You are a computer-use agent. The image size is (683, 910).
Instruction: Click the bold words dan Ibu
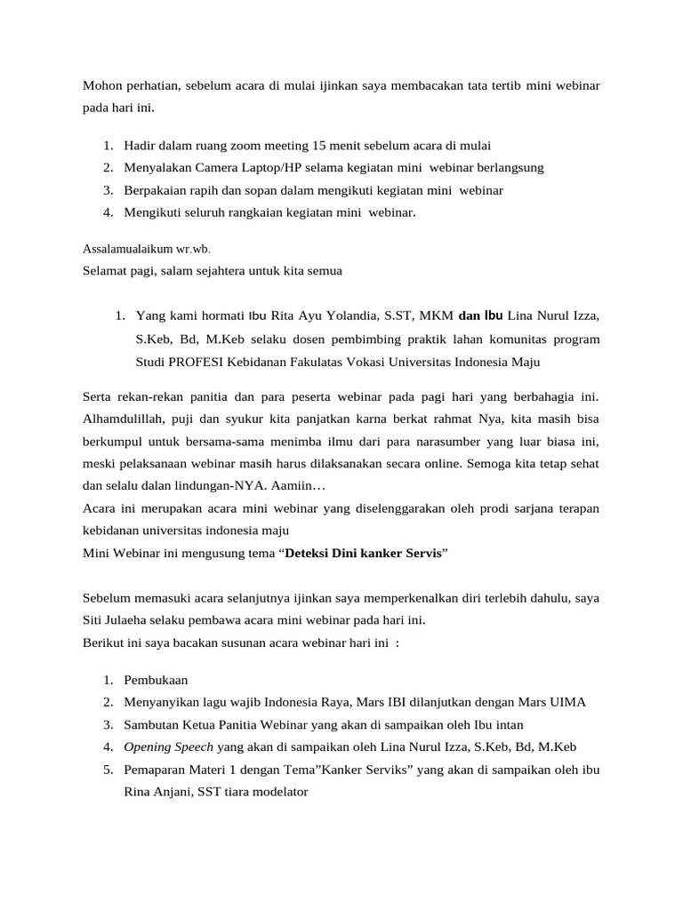tap(481, 315)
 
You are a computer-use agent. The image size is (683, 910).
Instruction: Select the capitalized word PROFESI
tap(205, 362)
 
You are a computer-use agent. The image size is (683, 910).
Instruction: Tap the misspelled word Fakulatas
tap(340, 362)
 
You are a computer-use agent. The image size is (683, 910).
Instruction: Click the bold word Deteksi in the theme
tap(309, 552)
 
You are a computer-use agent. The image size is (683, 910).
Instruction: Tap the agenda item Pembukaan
tap(156, 680)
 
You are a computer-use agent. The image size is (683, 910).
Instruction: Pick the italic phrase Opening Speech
tap(168, 746)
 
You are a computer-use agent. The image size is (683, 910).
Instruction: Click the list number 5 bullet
tap(107, 770)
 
